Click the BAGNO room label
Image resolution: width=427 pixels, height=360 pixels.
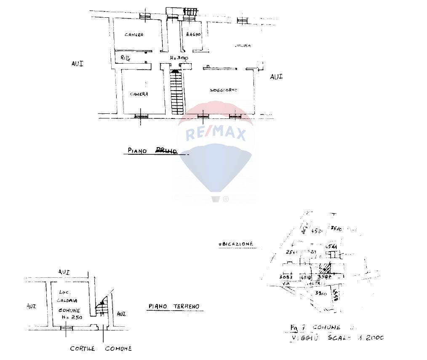192,34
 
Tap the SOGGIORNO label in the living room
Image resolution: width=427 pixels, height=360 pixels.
224,90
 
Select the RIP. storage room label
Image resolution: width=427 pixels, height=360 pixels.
125,57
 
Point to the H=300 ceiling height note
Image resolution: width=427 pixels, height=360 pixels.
179,58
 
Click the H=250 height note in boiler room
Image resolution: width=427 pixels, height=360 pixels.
69,317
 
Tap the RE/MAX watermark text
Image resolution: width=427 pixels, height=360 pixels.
215,134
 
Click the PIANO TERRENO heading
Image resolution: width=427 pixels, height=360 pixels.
173,306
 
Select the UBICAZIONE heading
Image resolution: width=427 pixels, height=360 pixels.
236,244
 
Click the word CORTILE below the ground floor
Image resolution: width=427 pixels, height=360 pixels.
82,349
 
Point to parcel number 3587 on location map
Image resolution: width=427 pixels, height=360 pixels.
325,277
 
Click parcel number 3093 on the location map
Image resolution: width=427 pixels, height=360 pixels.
287,277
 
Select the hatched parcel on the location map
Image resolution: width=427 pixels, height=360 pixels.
325,267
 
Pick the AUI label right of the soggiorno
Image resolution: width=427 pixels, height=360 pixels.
276,77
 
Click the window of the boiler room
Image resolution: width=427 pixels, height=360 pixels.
66,328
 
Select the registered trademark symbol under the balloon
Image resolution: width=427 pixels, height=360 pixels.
226,199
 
